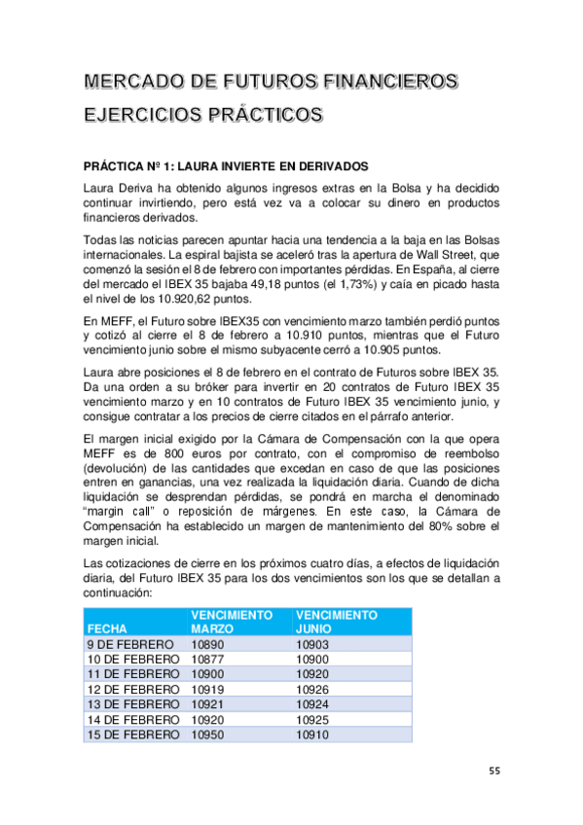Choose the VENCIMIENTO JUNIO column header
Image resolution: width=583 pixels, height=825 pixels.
click(336, 622)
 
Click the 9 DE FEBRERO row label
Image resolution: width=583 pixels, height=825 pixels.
click(130, 644)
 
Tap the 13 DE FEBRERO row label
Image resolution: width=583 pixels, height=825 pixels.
click(134, 703)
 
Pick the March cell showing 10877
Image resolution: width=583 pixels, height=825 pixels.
click(208, 659)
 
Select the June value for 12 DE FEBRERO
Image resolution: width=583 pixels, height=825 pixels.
click(312, 689)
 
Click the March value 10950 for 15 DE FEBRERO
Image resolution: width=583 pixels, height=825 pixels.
click(208, 735)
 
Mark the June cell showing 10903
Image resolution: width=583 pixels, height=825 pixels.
click(312, 644)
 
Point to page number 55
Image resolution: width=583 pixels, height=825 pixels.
click(494, 771)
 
